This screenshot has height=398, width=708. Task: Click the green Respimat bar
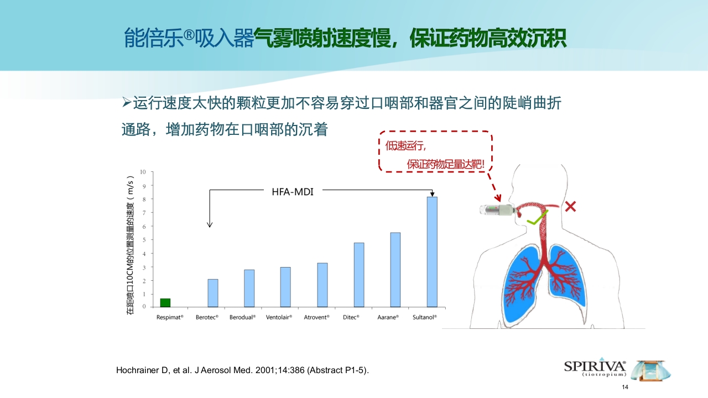[165, 302]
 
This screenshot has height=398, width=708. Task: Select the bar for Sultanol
[432, 252]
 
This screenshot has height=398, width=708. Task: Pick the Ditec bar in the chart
[359, 275]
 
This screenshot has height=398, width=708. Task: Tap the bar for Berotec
[213, 293]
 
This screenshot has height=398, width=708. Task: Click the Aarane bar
[395, 270]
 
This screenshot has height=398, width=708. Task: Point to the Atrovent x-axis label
[316, 317]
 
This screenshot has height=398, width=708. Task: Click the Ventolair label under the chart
[278, 317]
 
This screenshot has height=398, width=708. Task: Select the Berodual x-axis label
[242, 317]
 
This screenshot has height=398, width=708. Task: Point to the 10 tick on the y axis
[143, 172]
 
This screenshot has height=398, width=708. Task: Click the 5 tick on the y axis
[144, 240]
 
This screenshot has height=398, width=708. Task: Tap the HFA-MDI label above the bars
[293, 192]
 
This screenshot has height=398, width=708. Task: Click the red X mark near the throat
[570, 207]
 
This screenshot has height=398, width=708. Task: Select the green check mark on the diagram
[537, 218]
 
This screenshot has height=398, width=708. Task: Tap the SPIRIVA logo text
[595, 366]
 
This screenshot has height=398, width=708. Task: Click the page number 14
[626, 387]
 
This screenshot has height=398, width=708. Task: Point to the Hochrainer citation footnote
[242, 370]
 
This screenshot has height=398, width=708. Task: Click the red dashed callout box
[435, 151]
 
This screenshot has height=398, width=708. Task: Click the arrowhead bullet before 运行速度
[126, 102]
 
